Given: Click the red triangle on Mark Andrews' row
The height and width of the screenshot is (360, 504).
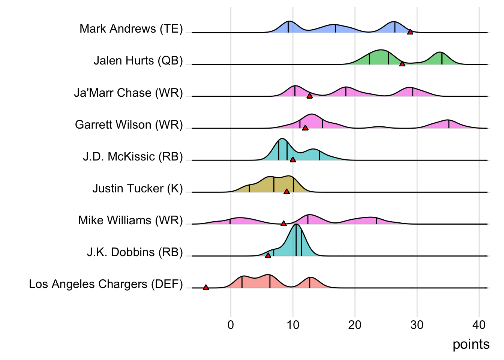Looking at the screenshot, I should coord(410,32).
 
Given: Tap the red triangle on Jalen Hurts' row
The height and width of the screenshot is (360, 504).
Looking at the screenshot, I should coord(402,64).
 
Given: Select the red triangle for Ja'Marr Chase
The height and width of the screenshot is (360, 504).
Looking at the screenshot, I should coord(309,96).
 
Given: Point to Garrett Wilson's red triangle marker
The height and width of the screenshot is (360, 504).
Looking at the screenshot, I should coord(305,128).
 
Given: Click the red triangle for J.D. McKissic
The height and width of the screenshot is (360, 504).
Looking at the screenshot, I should coord(293,160).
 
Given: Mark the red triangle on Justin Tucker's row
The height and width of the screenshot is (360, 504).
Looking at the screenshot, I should coord(286,192).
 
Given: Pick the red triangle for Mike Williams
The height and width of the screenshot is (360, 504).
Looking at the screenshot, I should coord(283,223).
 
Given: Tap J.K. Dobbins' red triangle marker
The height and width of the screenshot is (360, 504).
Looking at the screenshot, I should coord(268,255).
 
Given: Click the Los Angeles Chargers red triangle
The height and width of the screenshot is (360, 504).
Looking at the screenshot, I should coord(206,287).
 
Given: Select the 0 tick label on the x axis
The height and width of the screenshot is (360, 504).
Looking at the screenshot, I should coord(231,325).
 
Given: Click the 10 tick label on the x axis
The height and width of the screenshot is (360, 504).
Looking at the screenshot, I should coord(293,325).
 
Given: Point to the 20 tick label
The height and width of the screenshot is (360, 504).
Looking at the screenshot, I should coord(355,325).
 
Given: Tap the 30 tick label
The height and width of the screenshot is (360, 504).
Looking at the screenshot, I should coord(417,325).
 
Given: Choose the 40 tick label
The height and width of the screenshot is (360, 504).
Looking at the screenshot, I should coord(479,325).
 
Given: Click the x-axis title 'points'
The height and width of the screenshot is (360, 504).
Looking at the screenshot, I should coord(471,344).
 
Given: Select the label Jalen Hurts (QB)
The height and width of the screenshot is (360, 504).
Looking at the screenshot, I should coord(138,60).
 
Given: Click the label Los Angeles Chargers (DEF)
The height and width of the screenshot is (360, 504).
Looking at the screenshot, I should coord(106,284).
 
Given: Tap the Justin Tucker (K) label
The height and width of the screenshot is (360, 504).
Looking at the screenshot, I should coord(137,188).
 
